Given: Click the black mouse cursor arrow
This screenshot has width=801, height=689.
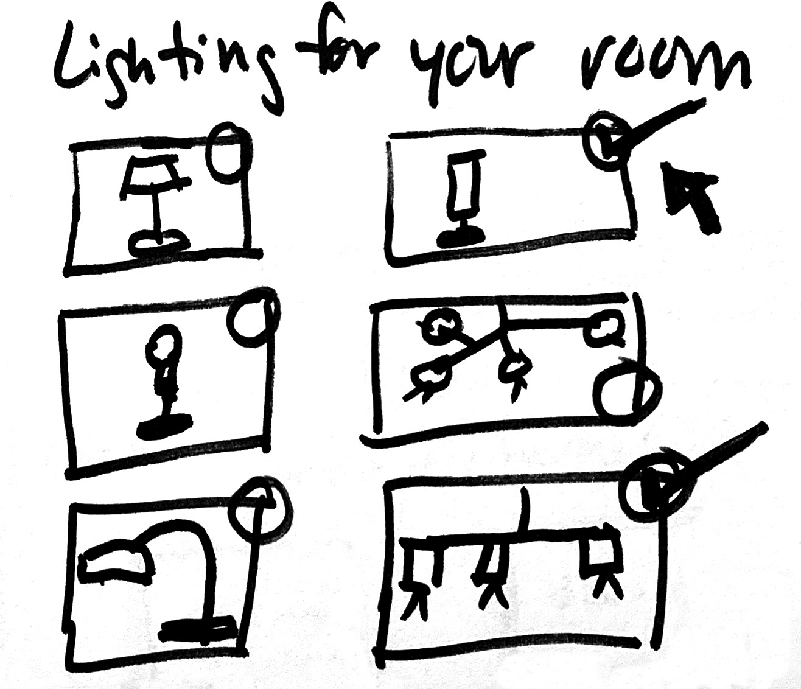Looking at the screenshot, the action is (691, 194).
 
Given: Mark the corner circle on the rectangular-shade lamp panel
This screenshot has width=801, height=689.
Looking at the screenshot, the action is (606, 140).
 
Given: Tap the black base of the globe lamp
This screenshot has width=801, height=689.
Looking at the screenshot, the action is (164, 425).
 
